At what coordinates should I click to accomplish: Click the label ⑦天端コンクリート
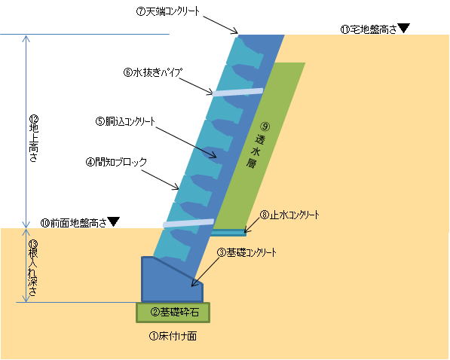167,12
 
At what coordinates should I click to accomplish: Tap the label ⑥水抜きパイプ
153,72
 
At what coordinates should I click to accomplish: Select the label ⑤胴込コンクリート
125,121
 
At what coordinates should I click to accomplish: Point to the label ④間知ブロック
116,163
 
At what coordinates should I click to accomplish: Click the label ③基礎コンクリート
246,252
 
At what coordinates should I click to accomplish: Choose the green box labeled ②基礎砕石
173,313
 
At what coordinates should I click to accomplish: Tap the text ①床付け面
173,336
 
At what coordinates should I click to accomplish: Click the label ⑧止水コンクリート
289,215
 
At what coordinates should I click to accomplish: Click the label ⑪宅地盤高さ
369,29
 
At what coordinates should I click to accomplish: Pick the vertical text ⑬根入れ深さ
33,269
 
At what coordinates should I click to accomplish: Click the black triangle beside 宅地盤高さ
403,28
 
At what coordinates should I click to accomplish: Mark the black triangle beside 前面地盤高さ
113,221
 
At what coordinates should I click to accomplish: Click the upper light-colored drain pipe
237,92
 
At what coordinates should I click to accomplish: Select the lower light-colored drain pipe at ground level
188,223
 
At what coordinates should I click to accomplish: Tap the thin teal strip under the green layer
228,233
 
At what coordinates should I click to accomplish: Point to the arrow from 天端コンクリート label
221,25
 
